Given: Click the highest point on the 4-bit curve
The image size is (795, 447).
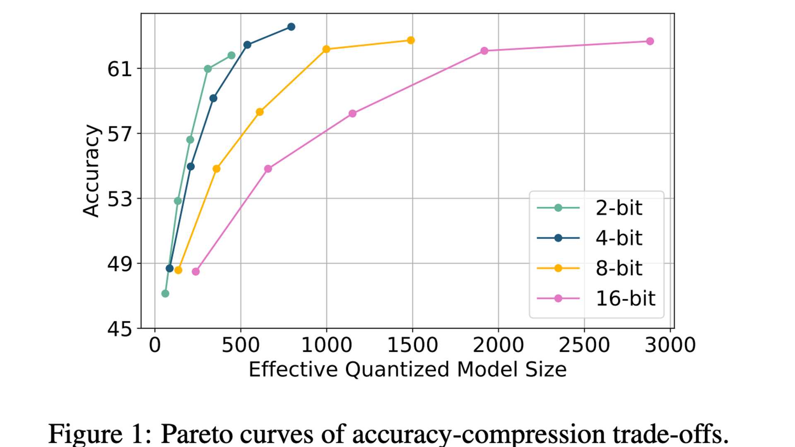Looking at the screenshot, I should (x=291, y=27).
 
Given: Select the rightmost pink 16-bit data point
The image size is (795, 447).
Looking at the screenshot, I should (x=650, y=41).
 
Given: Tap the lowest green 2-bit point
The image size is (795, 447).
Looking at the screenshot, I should (x=165, y=293).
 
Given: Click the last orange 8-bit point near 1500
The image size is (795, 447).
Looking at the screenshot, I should (x=411, y=40).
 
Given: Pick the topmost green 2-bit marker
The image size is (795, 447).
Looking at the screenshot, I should (x=231, y=55).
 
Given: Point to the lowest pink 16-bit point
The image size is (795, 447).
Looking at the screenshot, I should (x=196, y=272).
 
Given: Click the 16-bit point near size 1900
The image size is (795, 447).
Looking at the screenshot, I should (x=484, y=51).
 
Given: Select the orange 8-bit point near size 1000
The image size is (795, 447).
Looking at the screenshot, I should (x=326, y=49).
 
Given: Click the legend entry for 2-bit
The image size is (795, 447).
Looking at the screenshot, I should (x=618, y=208).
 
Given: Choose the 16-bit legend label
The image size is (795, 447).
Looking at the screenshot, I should (x=625, y=298).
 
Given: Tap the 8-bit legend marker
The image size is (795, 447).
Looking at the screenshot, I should (x=558, y=268).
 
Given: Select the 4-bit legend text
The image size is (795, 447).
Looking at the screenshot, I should (x=618, y=238).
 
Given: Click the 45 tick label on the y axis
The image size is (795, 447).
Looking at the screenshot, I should (x=119, y=329).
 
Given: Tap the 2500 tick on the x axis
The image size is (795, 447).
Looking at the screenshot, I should (x=584, y=345).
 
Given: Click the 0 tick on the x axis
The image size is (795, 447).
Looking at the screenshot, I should (x=155, y=345).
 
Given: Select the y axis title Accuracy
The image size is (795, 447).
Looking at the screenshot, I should (x=91, y=171).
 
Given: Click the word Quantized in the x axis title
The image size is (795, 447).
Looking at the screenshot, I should (x=397, y=369).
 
